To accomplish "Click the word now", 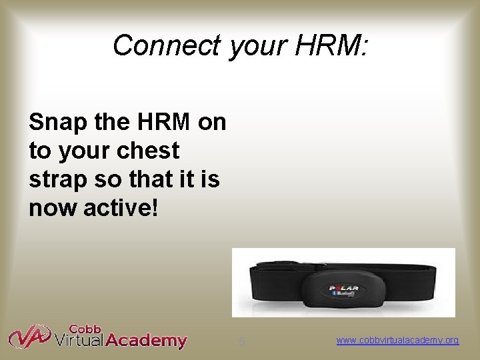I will (52, 208).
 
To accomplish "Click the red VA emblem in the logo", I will (29, 337).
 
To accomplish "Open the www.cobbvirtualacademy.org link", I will (397, 341).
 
